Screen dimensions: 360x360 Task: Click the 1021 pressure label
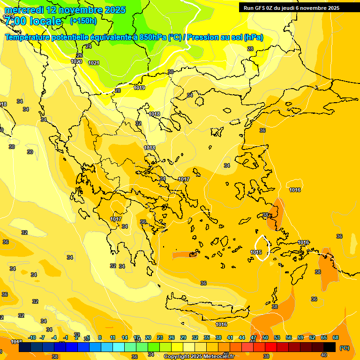[x=94, y=63]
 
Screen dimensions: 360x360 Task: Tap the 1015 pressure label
[x=256, y=253]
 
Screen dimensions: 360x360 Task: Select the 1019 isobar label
[x=139, y=88]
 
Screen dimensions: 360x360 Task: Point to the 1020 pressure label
[x=76, y=61]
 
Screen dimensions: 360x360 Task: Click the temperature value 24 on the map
[x=89, y=46]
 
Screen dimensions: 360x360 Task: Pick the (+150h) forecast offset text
[x=83, y=21]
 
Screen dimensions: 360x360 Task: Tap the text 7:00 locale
[x=33, y=21]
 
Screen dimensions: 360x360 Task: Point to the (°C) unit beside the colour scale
[x=344, y=348]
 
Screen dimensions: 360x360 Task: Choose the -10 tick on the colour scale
[x=32, y=337]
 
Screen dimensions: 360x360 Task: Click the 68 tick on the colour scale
[x=336, y=337]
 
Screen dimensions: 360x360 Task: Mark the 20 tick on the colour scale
[x=148, y=337]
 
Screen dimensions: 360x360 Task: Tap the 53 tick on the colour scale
[x=277, y=337]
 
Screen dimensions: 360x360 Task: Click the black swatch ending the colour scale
[x=330, y=347]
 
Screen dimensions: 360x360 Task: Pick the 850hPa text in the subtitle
[x=153, y=37]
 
